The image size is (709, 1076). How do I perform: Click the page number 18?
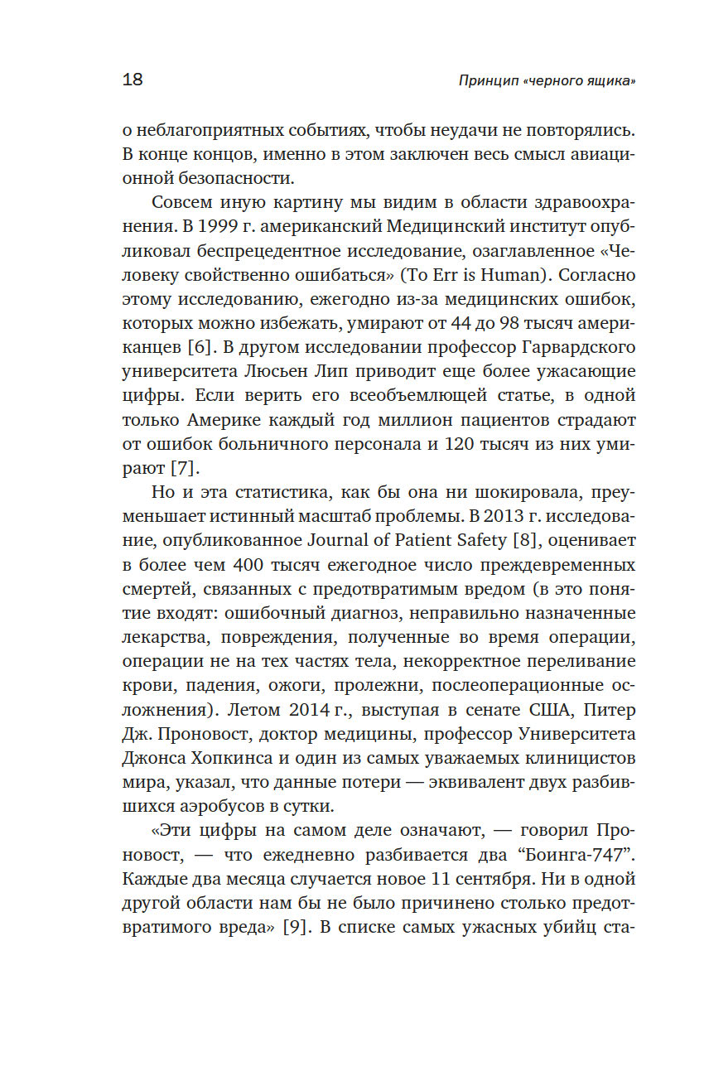pos(133,80)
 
